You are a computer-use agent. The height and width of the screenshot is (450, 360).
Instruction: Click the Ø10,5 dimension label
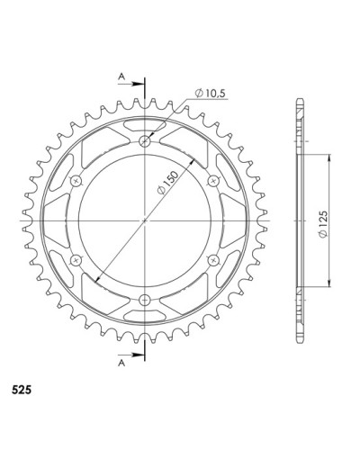210,94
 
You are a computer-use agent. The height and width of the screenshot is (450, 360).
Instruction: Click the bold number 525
22,390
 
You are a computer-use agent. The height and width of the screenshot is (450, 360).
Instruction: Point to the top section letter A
121,76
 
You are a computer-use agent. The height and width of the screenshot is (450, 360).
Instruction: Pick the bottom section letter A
121,364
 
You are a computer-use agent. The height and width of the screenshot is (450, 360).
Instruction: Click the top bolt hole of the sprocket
145,140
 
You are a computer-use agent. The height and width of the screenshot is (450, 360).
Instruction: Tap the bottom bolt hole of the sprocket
145,299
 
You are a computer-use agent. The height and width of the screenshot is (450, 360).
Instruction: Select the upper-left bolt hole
76,181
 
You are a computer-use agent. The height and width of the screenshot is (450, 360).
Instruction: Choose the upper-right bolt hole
213,181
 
